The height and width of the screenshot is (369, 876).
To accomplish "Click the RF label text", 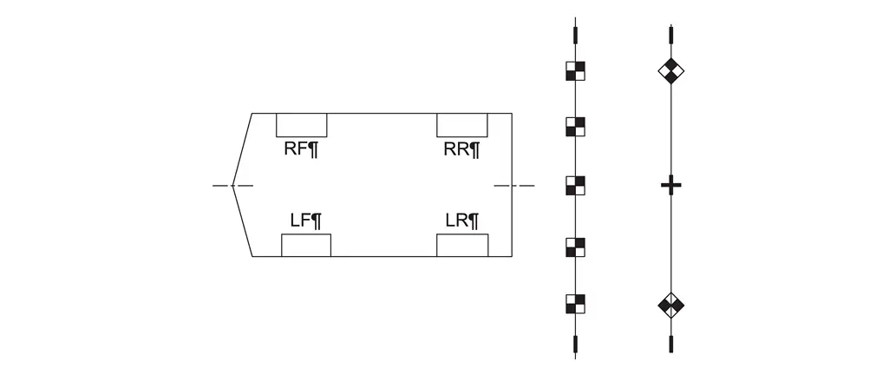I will [x=301, y=148].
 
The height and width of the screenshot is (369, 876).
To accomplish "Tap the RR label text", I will [x=461, y=148].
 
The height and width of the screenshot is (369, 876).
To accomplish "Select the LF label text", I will [x=305, y=221].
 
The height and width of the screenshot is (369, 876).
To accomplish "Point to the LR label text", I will [x=461, y=221].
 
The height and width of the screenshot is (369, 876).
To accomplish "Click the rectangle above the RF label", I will [x=301, y=125].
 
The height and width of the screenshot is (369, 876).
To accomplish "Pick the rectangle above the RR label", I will [x=462, y=125].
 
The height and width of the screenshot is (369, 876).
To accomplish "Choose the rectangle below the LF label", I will [x=305, y=245].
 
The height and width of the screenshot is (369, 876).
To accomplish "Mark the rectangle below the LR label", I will [x=462, y=245].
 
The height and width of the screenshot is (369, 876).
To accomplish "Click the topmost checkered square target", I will [x=575, y=70].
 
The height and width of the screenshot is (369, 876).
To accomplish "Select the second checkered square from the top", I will [x=575, y=127].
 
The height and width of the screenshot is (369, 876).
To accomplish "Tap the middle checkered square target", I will [x=575, y=185].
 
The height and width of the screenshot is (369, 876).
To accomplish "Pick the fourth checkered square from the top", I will [x=575, y=245].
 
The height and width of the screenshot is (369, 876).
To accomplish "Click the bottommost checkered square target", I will [x=575, y=303].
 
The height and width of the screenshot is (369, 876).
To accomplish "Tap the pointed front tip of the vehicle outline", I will [x=232, y=185].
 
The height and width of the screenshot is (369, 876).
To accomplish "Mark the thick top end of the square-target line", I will [x=575, y=36].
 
